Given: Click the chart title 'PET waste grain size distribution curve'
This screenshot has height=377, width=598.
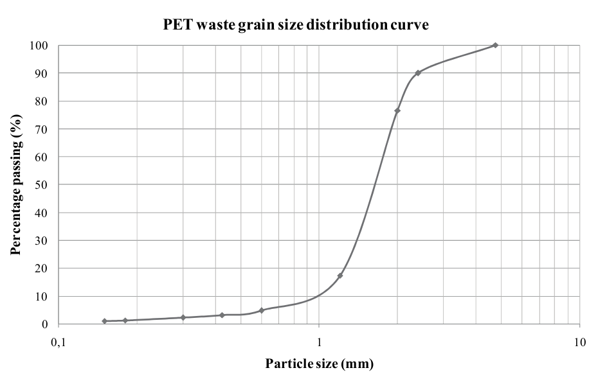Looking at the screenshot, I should tap(300, 25).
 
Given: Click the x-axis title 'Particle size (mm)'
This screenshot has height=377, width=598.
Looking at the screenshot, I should tap(319, 364).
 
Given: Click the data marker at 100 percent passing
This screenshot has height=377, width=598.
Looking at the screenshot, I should tap(494, 46).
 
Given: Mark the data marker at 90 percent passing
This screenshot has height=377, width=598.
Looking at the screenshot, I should tap(418, 73).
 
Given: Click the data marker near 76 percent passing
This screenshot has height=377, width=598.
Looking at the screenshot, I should tap(397, 111).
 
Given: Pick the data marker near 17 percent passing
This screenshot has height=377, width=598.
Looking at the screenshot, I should tap(340, 276).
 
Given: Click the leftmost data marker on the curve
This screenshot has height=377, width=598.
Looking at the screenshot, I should tap(104, 321).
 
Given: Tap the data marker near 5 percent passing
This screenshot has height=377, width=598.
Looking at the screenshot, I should tap(261, 310).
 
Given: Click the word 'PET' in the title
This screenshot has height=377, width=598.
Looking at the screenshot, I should tap(174, 25).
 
